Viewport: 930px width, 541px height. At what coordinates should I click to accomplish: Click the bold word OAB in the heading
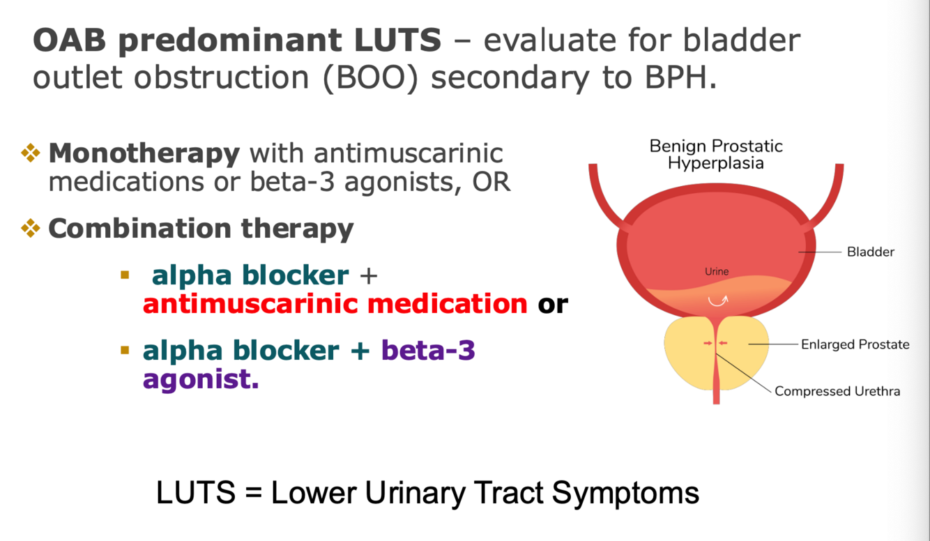coord(68,41)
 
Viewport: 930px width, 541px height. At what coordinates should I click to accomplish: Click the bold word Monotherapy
coord(144,153)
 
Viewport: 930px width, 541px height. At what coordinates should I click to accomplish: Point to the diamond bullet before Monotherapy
coord(31,153)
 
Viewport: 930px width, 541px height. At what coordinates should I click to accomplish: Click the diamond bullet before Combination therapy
coord(31,228)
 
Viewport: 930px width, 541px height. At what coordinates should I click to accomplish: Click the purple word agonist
coord(201,379)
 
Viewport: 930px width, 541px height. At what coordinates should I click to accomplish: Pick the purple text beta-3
coord(428,350)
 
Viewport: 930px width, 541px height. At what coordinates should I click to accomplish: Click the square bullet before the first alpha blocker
coord(125,275)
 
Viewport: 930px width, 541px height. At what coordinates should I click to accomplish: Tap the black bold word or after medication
coord(553,304)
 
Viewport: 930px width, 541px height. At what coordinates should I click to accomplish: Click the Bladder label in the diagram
coord(870,252)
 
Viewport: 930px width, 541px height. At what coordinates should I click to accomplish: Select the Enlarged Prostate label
coord(855,344)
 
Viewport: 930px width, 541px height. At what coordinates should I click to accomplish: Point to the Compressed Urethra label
coord(837,391)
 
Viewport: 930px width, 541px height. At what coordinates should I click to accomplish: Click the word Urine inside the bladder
coord(717,271)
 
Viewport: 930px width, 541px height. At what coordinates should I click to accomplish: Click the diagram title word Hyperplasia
coord(716,164)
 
